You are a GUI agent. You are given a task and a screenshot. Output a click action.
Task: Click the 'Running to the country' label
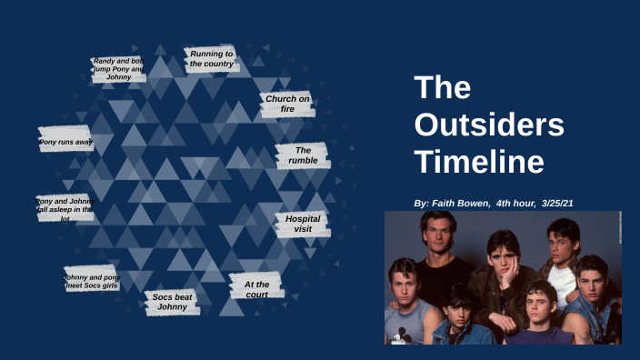coord(211,59)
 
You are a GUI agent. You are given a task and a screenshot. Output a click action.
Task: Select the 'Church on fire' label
coord(288,104)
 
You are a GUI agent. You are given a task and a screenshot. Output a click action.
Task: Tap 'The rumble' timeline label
coord(303,155)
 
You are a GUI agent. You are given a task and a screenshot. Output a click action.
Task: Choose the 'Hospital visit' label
coord(303,225)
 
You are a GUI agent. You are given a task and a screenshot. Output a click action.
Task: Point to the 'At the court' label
coord(256,289)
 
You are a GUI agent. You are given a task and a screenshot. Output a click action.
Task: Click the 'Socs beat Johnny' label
coord(172,303)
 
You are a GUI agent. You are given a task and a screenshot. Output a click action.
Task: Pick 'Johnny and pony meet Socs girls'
coord(92,282)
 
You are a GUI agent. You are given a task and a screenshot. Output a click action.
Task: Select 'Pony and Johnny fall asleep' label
coord(65,209)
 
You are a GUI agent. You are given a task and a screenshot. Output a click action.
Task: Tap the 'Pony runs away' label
coord(65,142)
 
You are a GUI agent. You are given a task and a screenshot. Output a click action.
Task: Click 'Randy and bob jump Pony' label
coord(118,69)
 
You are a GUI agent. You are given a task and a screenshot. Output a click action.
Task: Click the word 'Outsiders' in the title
coord(489,125)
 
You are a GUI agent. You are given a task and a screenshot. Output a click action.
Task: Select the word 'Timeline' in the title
coord(479,163)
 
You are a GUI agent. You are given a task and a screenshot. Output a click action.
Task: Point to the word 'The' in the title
coord(442,88)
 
